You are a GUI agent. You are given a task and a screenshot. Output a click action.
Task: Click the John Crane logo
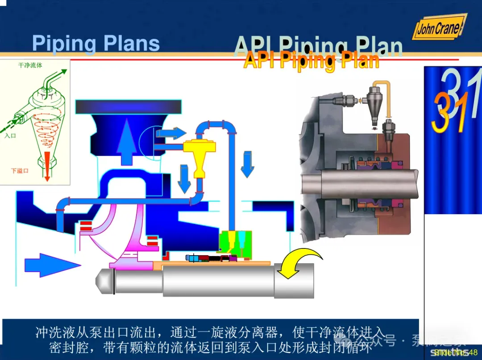coord(438,28)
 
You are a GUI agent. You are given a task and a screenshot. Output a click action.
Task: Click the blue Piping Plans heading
coord(96,44)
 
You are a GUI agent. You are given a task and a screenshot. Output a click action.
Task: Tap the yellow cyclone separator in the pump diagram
coord(199,154)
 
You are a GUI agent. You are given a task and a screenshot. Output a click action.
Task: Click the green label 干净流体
coord(30,66)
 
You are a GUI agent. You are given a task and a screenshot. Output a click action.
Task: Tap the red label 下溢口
coord(20,170)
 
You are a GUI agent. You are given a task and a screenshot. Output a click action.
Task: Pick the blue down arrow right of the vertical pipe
coord(247,164)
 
